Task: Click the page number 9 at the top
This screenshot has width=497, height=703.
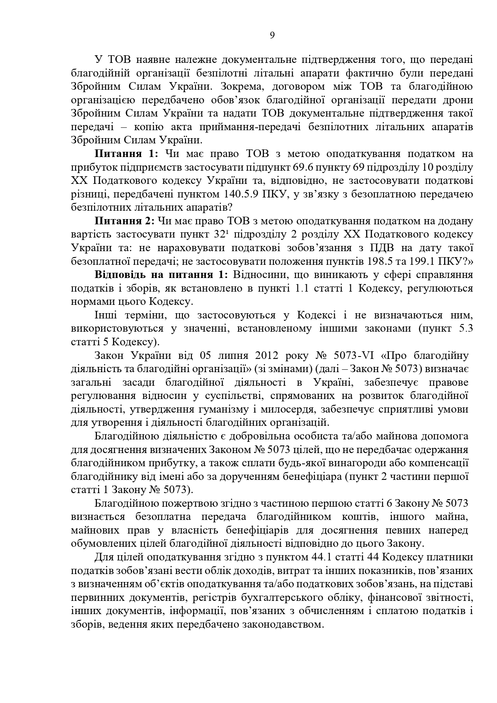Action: tap(272, 35)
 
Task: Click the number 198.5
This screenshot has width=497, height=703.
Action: tap(379, 262)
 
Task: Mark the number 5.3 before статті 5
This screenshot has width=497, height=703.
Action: tap(465, 328)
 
